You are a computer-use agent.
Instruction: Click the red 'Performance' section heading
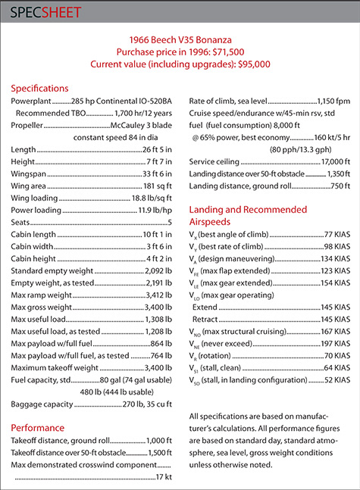tap(37, 426)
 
